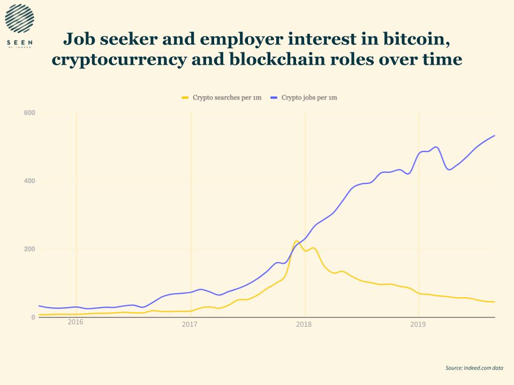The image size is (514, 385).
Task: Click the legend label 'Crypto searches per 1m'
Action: [226, 97]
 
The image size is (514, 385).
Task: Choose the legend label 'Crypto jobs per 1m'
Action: [309, 97]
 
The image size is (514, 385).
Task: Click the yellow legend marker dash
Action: [185, 97]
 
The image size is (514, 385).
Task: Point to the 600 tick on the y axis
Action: [29, 113]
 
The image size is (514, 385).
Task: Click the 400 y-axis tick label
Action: [29, 181]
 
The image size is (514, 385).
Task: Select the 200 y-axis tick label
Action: [29, 249]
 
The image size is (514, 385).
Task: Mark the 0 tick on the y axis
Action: [33, 318]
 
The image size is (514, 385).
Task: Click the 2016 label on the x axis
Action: [75, 322]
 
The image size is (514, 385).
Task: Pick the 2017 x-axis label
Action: [190, 325]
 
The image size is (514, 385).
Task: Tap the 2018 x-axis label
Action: [304, 325]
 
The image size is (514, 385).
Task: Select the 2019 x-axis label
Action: [418, 325]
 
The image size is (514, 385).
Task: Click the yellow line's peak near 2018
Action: [297, 241]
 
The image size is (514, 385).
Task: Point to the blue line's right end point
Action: [494, 135]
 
